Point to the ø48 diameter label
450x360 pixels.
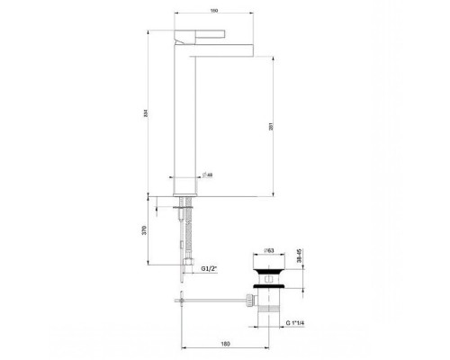pos(206,175)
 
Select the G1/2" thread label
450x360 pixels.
pos(209,267)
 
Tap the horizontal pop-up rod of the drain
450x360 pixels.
pos(216,300)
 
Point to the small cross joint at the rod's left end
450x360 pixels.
pos(181,300)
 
